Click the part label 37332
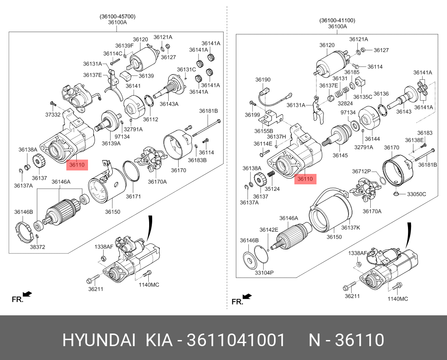[53, 115]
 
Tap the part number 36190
[262, 80]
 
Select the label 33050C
[416, 194]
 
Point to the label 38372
[38, 247]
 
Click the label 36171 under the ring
[134, 196]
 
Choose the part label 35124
[273, 189]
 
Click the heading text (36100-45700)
[117, 16]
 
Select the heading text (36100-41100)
[337, 20]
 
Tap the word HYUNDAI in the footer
[99, 340]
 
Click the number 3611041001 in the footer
[236, 340]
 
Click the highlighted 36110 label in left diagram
[77, 165]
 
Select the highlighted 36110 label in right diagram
[305, 179]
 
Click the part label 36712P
[361, 171]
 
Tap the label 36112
[150, 120]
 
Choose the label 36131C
[186, 69]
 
